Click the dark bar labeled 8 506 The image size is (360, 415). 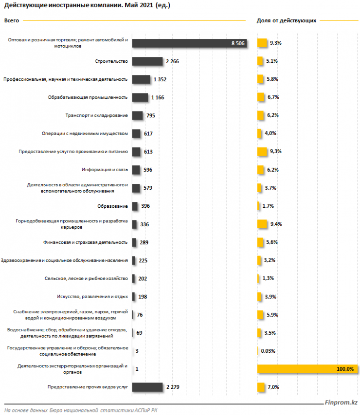pyautogui.click(x=189, y=43)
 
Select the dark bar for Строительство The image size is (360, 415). pyautogui.click(x=147, y=61)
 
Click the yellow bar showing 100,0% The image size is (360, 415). pyautogui.click(x=307, y=369)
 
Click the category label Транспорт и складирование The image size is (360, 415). pyautogui.click(x=96, y=115)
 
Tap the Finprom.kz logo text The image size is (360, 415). pyautogui.click(x=341, y=402)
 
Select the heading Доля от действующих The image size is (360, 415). pyautogui.click(x=286, y=21)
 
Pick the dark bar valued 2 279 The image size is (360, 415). pyautogui.click(x=147, y=387)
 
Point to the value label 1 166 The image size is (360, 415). pyautogui.click(x=158, y=97)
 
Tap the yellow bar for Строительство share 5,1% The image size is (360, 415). pyautogui.click(x=261, y=61)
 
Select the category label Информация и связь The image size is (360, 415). pyautogui.click(x=105, y=170)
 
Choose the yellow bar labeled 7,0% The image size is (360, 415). pyautogui.click(x=261, y=387)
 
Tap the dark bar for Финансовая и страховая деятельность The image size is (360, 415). pyautogui.click(x=135, y=242)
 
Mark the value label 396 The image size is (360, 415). pyautogui.click(x=145, y=206)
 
